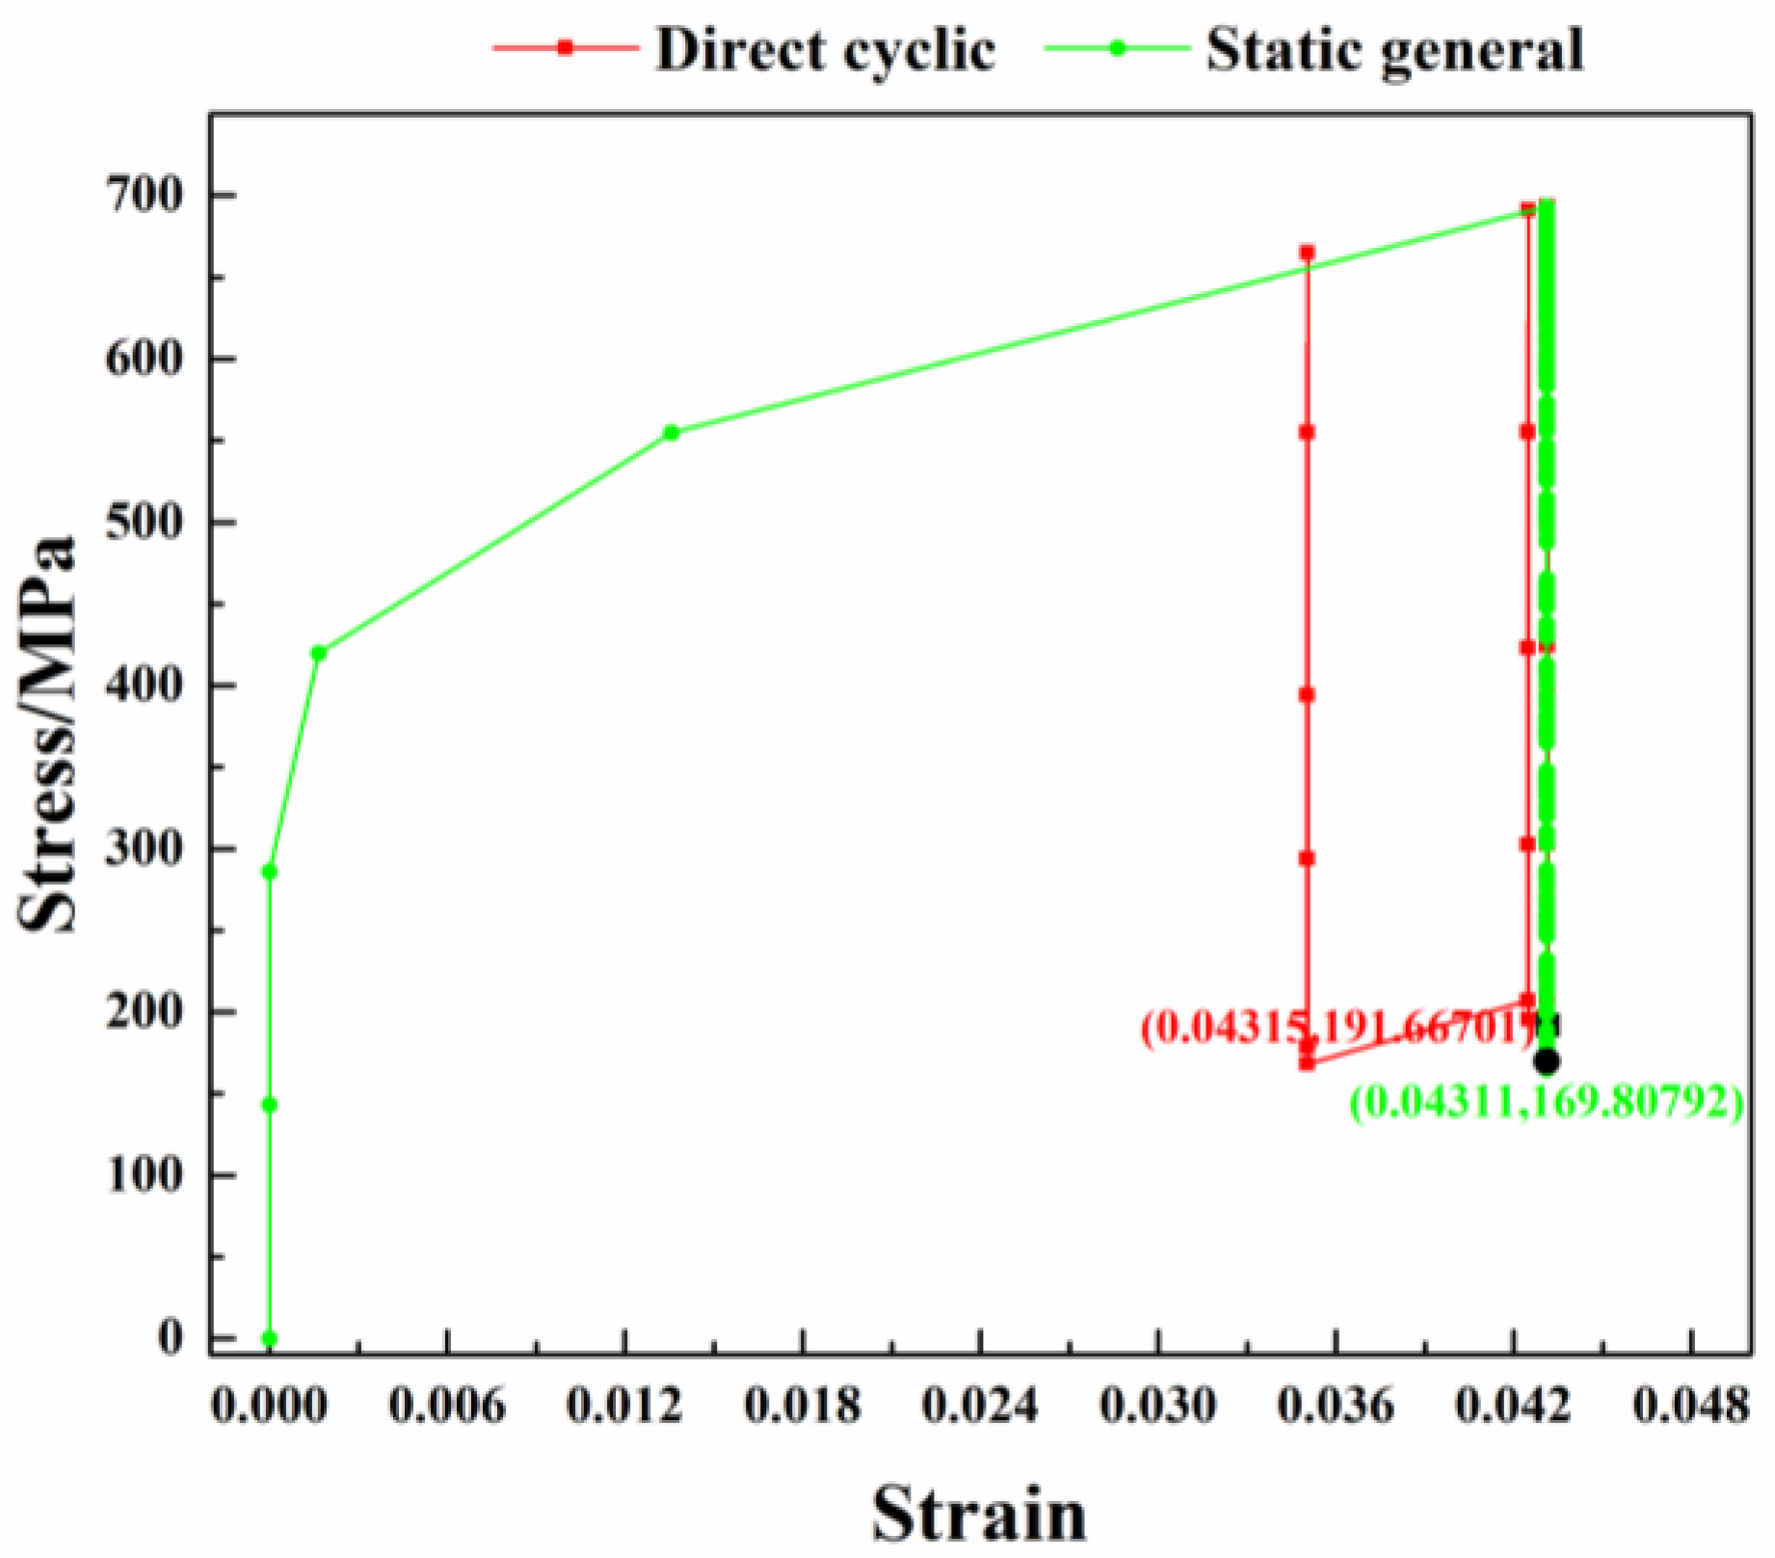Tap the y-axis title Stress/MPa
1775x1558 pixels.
(48, 733)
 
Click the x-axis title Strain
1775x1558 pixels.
(979, 1515)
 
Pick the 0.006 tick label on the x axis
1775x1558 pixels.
(446, 1407)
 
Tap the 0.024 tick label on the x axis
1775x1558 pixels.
(979, 1407)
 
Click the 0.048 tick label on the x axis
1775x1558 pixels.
(1690, 1407)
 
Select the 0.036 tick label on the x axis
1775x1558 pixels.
(1335, 1407)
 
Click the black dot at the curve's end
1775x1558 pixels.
(1547, 1061)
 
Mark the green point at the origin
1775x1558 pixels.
(270, 1338)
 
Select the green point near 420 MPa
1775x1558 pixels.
(319, 653)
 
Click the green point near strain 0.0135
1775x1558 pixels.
(672, 432)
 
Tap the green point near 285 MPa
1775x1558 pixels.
(270, 872)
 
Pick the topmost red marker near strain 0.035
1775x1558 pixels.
(1308, 253)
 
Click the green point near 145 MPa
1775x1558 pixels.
(270, 1105)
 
